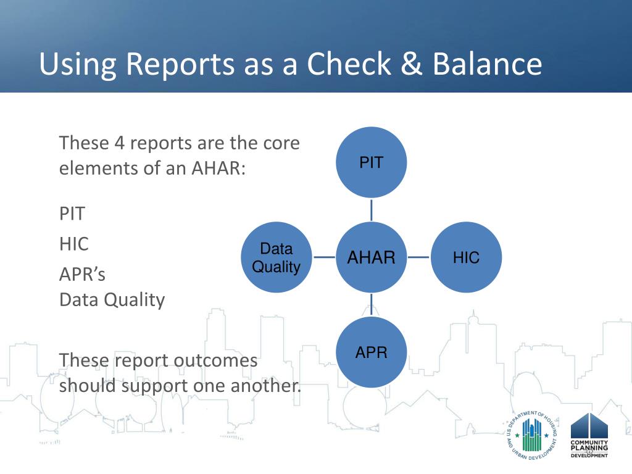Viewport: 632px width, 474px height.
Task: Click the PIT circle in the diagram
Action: coord(371,162)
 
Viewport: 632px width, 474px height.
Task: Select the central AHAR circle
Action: coord(371,257)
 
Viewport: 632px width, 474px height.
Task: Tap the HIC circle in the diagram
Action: coord(467,257)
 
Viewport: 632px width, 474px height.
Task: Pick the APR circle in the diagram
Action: coord(371,352)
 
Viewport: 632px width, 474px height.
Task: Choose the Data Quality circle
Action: coord(276,257)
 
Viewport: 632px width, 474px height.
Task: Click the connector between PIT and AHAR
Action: coord(371,210)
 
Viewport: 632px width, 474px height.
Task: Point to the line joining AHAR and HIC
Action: coord(418,257)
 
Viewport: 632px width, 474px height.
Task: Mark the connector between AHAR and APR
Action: coord(371,304)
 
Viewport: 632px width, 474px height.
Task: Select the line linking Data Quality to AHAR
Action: coord(324,257)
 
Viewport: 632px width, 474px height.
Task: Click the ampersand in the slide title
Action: coord(411,64)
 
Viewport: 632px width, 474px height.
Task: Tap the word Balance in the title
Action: coord(488,64)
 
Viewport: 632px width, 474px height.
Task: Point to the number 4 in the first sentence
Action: coord(119,143)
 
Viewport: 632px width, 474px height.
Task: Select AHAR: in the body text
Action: coord(218,168)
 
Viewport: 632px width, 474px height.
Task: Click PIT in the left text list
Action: coord(72,214)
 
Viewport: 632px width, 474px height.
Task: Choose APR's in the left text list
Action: coord(82,275)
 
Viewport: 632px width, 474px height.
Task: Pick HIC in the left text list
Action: coord(74,244)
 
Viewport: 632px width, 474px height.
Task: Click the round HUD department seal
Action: coord(532,436)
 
